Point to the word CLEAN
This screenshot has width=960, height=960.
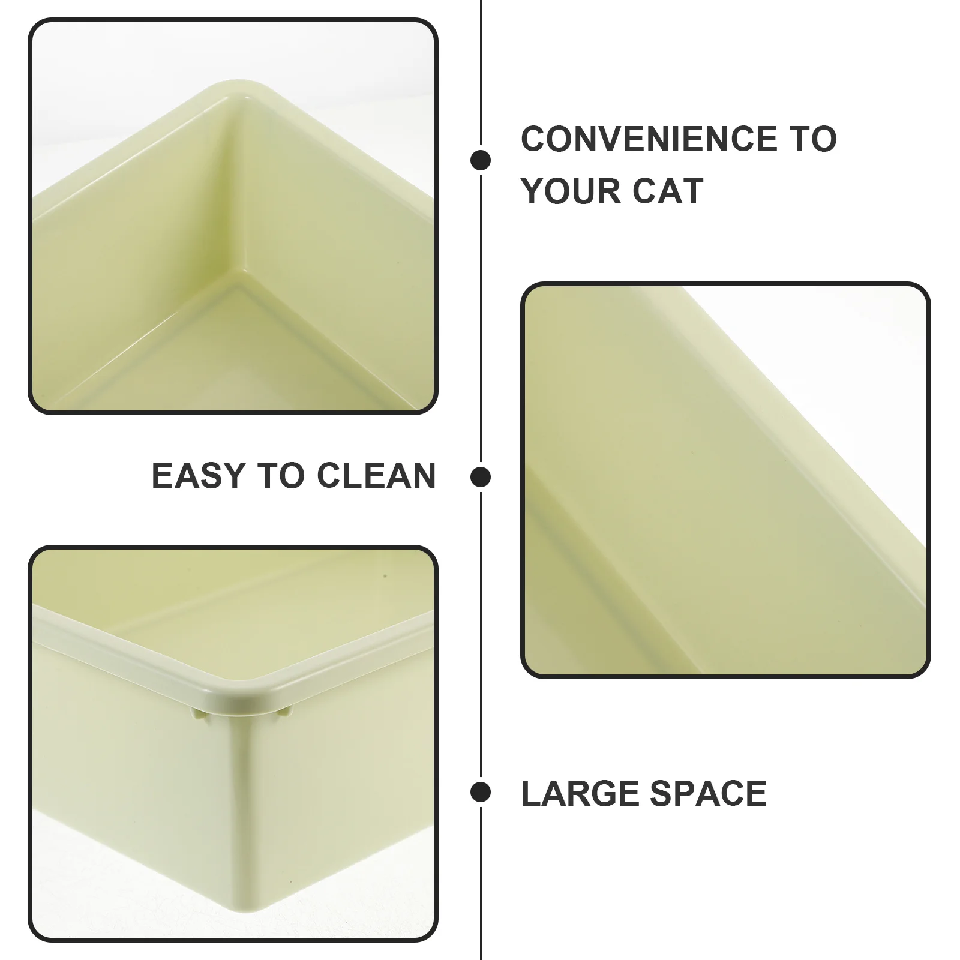click(x=376, y=476)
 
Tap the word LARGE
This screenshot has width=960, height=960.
click(x=580, y=793)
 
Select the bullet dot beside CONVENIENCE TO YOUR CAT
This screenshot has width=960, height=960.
click(x=481, y=160)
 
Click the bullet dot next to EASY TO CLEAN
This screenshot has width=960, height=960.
click(x=481, y=477)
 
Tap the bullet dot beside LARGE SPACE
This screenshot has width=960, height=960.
click(x=481, y=792)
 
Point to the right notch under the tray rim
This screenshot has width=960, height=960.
click(x=284, y=712)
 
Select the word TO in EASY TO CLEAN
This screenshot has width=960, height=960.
click(x=280, y=476)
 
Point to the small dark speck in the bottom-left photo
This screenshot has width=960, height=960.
click(x=385, y=576)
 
